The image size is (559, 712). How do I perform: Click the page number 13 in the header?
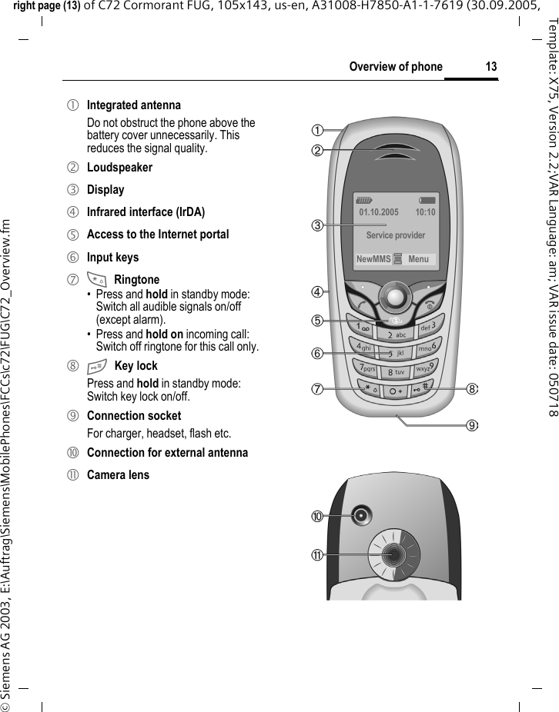[x=490, y=67]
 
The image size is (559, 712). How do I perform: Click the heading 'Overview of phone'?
[x=396, y=67]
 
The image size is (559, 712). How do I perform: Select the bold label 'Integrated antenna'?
[x=133, y=105]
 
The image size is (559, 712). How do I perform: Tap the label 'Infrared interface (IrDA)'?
[x=146, y=211]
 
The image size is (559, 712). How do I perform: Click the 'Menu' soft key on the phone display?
[x=419, y=259]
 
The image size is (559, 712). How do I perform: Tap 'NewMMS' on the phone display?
[x=373, y=259]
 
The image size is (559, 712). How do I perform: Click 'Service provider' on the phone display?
[x=396, y=235]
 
